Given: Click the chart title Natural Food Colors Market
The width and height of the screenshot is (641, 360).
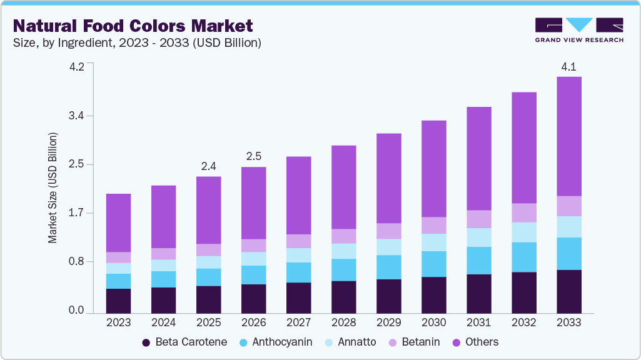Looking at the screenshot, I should pos(133,26).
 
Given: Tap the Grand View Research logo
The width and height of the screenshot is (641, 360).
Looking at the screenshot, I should pos(579,30).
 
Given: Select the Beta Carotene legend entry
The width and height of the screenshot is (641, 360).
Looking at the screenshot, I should pos(187,342).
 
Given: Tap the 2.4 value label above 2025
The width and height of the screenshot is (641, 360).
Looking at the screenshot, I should pos(208,166).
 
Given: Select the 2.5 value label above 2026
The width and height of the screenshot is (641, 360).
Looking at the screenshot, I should pos(253,156).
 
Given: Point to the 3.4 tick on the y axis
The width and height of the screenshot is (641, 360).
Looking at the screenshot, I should pos(76,116).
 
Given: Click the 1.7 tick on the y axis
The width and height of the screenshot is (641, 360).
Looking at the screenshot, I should pos(76,213).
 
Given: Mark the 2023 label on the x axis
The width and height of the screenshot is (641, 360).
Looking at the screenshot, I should pos(118,322).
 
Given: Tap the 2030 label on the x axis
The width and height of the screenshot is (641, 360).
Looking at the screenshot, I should pos(433,322).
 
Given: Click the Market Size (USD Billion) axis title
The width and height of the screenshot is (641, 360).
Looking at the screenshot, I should pos(53,187).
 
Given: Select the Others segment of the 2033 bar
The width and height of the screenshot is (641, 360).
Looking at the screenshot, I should pos(568,136).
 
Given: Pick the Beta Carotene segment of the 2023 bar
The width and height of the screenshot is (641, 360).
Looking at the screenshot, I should pos(118,301).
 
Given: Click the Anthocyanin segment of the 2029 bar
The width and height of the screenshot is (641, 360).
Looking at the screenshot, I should pos(388,267).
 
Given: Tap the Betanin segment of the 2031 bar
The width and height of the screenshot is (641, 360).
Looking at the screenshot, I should pos(478,219).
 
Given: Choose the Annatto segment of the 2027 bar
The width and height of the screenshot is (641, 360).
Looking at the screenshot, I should pos(298,255).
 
